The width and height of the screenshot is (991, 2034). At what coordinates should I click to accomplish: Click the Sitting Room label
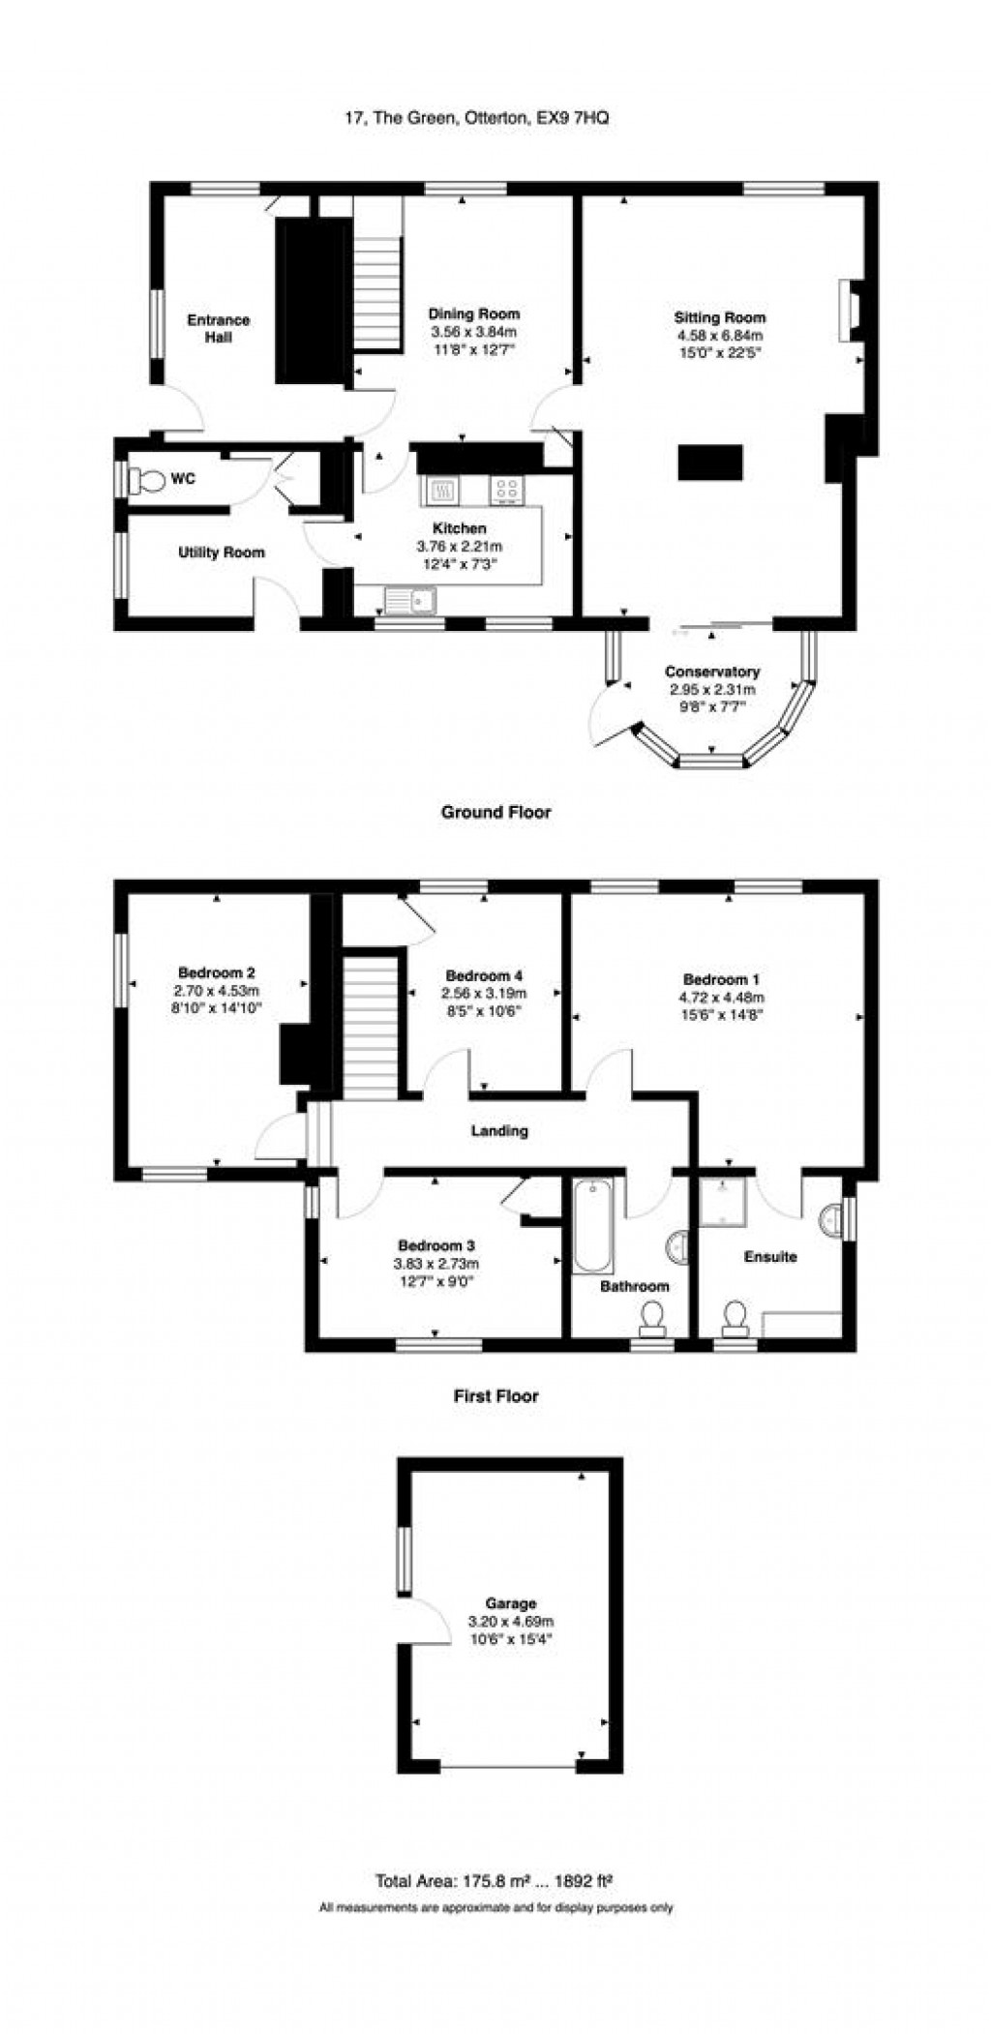(x=720, y=316)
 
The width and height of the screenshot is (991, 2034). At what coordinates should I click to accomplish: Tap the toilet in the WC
(x=147, y=479)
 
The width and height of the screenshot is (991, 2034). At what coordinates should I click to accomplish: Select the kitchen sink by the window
(x=411, y=601)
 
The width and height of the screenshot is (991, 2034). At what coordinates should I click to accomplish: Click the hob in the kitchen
(x=507, y=490)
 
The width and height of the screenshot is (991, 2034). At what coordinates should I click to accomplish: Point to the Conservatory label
(x=712, y=672)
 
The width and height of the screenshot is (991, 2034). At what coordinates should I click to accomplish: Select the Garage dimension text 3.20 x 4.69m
(x=510, y=1622)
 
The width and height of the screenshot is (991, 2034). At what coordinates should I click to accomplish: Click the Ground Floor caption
(x=496, y=812)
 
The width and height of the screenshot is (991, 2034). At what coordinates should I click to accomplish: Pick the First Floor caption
(x=496, y=1395)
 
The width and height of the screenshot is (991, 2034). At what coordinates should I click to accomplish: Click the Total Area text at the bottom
(x=495, y=1881)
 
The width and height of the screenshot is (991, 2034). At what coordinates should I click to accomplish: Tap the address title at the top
(x=478, y=118)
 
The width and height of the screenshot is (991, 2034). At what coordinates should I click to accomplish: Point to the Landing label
(x=499, y=1130)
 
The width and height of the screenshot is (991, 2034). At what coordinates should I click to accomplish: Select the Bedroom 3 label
(x=436, y=1245)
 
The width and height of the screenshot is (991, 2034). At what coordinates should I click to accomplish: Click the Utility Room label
(x=222, y=553)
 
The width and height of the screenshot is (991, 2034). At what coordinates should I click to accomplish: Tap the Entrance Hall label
(x=219, y=328)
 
